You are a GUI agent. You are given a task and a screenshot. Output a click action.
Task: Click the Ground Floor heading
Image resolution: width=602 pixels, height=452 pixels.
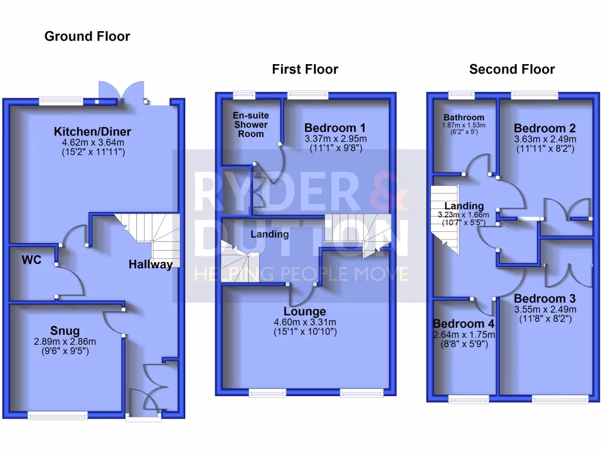(87, 36)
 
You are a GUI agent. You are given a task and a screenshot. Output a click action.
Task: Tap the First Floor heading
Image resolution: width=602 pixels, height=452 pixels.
(305, 69)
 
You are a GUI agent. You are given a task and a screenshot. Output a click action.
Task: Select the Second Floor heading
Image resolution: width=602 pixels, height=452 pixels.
(511, 69)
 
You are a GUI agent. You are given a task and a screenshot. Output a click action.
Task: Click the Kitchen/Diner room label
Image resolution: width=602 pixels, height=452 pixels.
(92, 131)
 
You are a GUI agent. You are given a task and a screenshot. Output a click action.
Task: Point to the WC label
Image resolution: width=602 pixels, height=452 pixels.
(32, 260)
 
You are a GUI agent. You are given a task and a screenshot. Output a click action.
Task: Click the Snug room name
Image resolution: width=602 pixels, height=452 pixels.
(65, 331)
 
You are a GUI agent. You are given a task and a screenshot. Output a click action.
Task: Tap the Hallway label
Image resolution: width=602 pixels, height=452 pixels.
(150, 264)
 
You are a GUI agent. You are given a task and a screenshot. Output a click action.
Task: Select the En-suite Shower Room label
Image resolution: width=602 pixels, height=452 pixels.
(250, 125)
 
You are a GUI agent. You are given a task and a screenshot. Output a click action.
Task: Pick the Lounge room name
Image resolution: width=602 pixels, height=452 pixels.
(305, 311)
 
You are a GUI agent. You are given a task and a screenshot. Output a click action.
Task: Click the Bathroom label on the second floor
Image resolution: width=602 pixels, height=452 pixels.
(464, 117)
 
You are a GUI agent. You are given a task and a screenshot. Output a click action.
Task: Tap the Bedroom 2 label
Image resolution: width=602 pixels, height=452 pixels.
(544, 128)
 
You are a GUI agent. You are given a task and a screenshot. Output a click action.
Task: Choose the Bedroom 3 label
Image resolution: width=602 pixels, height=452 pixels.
(544, 298)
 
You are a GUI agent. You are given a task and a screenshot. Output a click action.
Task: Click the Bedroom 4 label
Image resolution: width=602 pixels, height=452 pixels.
(463, 324)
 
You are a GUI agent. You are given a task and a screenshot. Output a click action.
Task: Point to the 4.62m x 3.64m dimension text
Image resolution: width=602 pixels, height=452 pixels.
(92, 142)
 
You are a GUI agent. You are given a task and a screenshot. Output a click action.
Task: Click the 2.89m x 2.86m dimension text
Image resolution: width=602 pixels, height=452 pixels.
(65, 342)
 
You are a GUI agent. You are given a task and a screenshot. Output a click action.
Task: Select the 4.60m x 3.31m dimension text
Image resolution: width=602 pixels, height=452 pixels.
(305, 323)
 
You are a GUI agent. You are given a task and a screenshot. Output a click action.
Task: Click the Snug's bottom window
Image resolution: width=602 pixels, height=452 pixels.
(57, 416)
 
